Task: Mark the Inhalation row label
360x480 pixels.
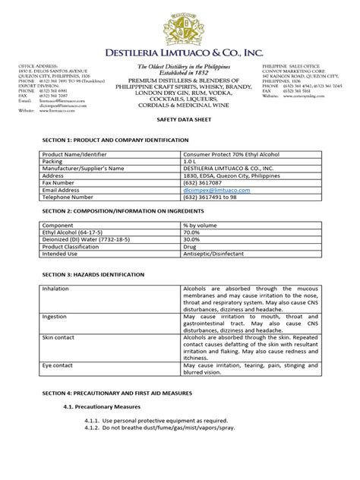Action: click(55, 289)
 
